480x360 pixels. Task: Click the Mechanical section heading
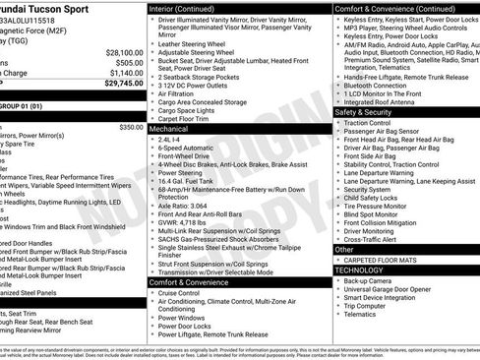click(x=170, y=129)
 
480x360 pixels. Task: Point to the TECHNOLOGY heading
click(x=360, y=269)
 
